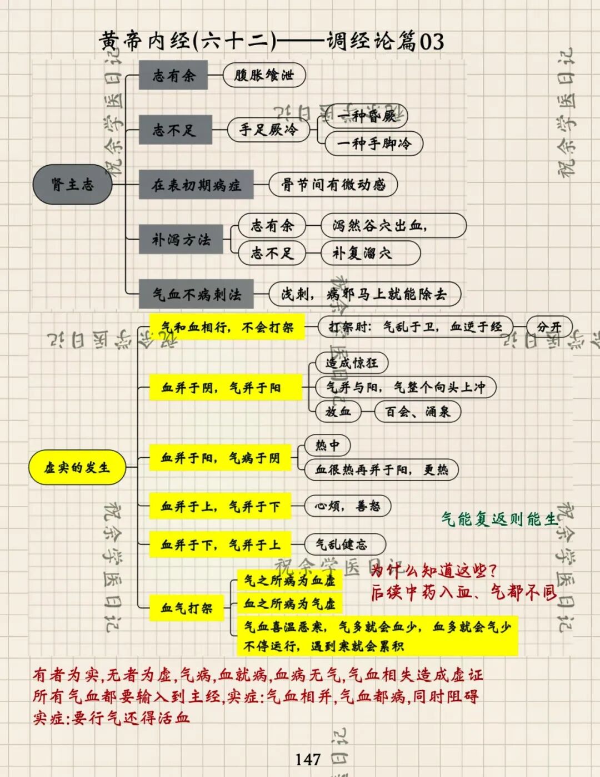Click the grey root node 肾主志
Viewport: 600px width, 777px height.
coord(73,185)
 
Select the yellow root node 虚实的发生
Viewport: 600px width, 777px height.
coord(77,467)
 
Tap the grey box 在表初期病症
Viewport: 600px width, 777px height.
coord(196,185)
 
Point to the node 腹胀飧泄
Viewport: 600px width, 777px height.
coord(264,76)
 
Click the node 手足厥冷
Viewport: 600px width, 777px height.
coord(269,130)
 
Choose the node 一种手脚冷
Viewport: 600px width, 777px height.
coord(373,143)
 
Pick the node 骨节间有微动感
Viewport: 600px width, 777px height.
coord(333,185)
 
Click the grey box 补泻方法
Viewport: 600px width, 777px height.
coord(181,240)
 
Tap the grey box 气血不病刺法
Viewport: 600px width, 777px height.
coord(197,294)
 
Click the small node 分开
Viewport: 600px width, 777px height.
coord(549,327)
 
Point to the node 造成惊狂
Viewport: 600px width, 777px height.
coord(352,363)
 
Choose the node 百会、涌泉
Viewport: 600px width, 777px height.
coord(417,412)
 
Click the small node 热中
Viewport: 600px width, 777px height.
coord(328,445)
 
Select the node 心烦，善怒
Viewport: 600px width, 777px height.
coord(348,506)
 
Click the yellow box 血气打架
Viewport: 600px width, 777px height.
coord(187,608)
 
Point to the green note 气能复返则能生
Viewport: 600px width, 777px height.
coord(499,519)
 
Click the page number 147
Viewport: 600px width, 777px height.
coord(307,759)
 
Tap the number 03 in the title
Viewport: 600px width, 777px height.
coord(432,42)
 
